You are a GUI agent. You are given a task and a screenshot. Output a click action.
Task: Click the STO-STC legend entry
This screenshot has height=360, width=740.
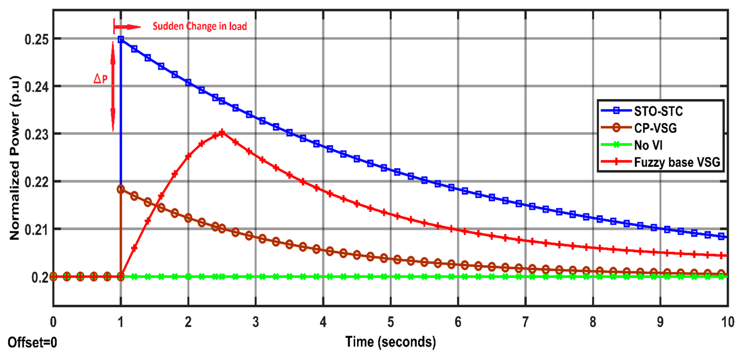(x=658, y=111)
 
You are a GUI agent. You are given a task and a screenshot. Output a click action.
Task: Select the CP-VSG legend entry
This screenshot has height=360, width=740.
(x=655, y=128)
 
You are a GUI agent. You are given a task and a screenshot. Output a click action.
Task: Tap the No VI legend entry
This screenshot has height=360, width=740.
(x=648, y=145)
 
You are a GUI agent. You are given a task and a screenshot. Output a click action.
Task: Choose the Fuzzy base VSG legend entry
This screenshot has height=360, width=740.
(x=676, y=162)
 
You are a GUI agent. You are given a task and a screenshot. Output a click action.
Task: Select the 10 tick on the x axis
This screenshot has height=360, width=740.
(x=727, y=322)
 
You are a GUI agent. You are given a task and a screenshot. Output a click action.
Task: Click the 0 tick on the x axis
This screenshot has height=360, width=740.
(x=53, y=322)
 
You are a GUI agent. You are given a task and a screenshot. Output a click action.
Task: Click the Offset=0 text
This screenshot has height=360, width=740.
(x=32, y=343)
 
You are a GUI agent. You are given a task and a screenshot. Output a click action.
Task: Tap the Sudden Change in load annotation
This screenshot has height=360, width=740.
(x=200, y=26)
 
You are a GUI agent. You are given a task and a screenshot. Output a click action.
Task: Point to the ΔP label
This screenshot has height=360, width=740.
(x=101, y=78)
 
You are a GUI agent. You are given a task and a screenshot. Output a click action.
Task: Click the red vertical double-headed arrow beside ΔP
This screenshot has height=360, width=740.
(x=113, y=86)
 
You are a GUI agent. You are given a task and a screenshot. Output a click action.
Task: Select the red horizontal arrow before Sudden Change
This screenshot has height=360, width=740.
(x=127, y=27)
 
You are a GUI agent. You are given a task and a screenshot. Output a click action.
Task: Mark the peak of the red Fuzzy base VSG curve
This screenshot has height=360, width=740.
(x=222, y=133)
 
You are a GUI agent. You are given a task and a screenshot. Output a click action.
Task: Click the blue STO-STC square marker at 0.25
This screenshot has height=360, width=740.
(x=121, y=39)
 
